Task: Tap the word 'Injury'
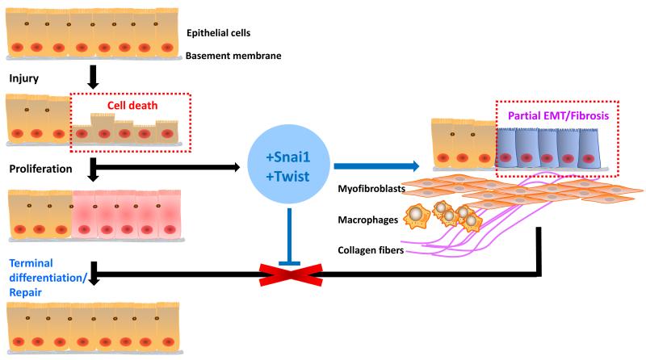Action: pos(24,80)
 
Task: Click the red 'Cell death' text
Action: pos(135,106)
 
